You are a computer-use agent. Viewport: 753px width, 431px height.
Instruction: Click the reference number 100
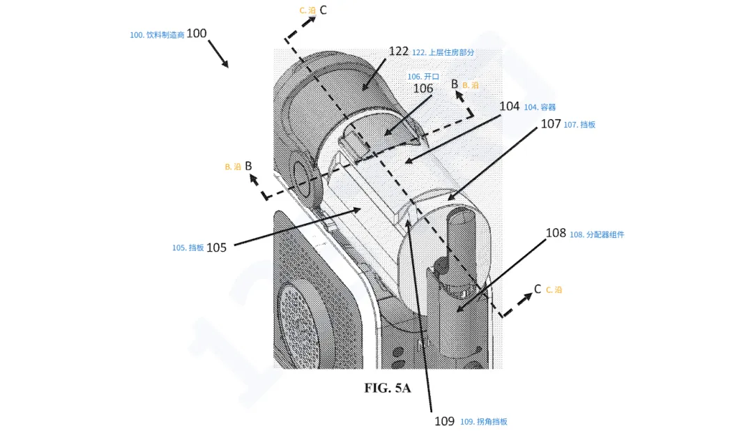pyautogui.click(x=197, y=33)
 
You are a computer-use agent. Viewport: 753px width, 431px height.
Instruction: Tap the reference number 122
pyautogui.click(x=399, y=52)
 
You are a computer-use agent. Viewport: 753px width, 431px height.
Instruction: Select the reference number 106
pyautogui.click(x=423, y=89)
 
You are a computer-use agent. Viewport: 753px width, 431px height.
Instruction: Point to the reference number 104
pyautogui.click(x=510, y=106)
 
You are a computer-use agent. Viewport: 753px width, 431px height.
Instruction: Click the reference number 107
pyautogui.click(x=551, y=124)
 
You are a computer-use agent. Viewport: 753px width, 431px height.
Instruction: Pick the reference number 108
pyautogui.click(x=556, y=233)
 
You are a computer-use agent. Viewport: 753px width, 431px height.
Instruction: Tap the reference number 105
pyautogui.click(x=217, y=248)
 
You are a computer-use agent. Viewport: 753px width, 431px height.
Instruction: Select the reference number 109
pyautogui.click(x=445, y=421)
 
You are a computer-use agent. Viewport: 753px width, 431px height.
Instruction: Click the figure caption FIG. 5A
pyautogui.click(x=388, y=388)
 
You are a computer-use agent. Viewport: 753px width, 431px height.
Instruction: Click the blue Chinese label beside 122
pyautogui.click(x=443, y=52)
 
